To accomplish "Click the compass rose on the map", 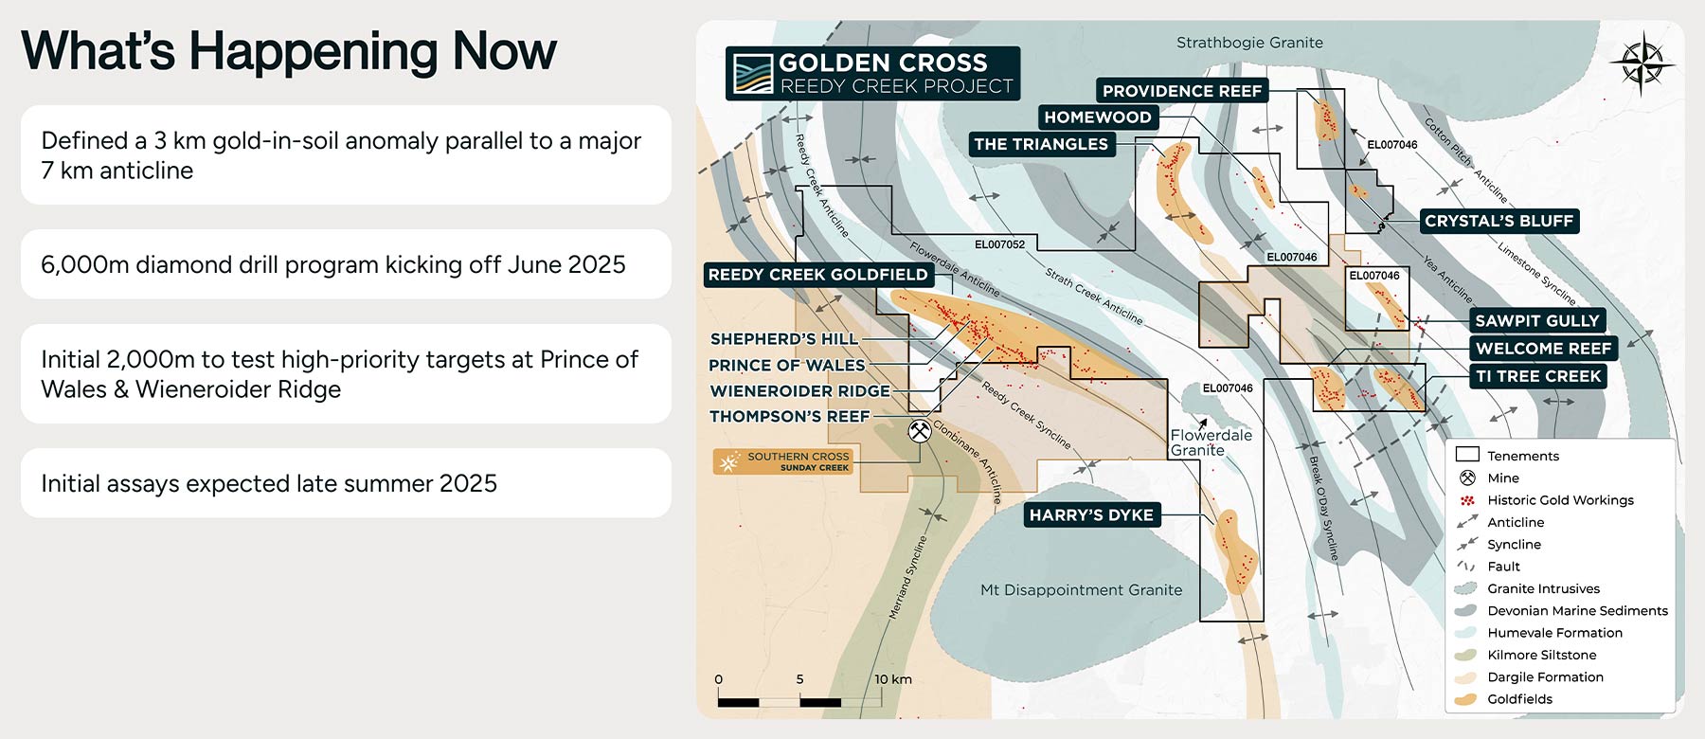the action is point(1642,63).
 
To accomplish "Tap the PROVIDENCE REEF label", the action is point(1182,91).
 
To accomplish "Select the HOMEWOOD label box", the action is point(1098,117).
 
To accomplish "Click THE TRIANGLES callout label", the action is point(1041,144).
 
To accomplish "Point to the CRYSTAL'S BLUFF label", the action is point(1499,221).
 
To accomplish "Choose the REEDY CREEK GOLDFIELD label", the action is point(818,275).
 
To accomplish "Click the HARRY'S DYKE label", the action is point(1091,515).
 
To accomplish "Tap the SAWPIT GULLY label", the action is point(1536,321).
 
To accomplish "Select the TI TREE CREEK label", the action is point(1538,376).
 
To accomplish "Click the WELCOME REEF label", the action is point(1543,349).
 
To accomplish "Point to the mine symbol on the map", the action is point(919,431).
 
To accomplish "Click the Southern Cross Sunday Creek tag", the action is point(783,461).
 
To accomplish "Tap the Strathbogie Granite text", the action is point(1249,43).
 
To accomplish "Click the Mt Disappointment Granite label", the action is point(1081,590).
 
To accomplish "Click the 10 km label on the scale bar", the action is point(892,679).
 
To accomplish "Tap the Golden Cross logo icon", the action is point(753,74).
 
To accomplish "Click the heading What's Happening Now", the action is point(289,51).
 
